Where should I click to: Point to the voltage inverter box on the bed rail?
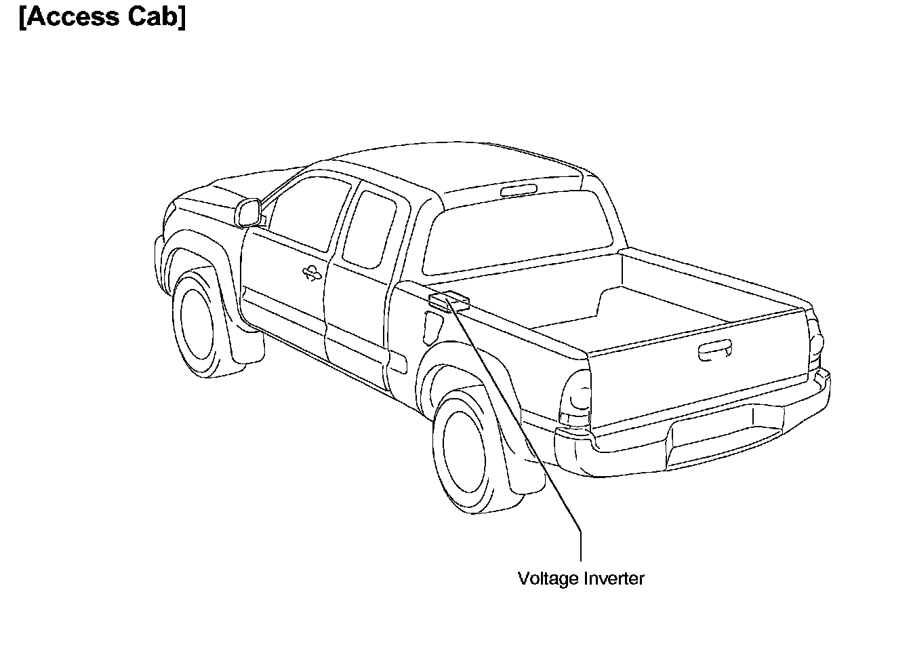tap(449, 300)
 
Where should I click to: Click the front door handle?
tap(312, 273)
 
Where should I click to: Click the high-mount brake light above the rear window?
tap(519, 191)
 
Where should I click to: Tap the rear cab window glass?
tap(519, 234)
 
